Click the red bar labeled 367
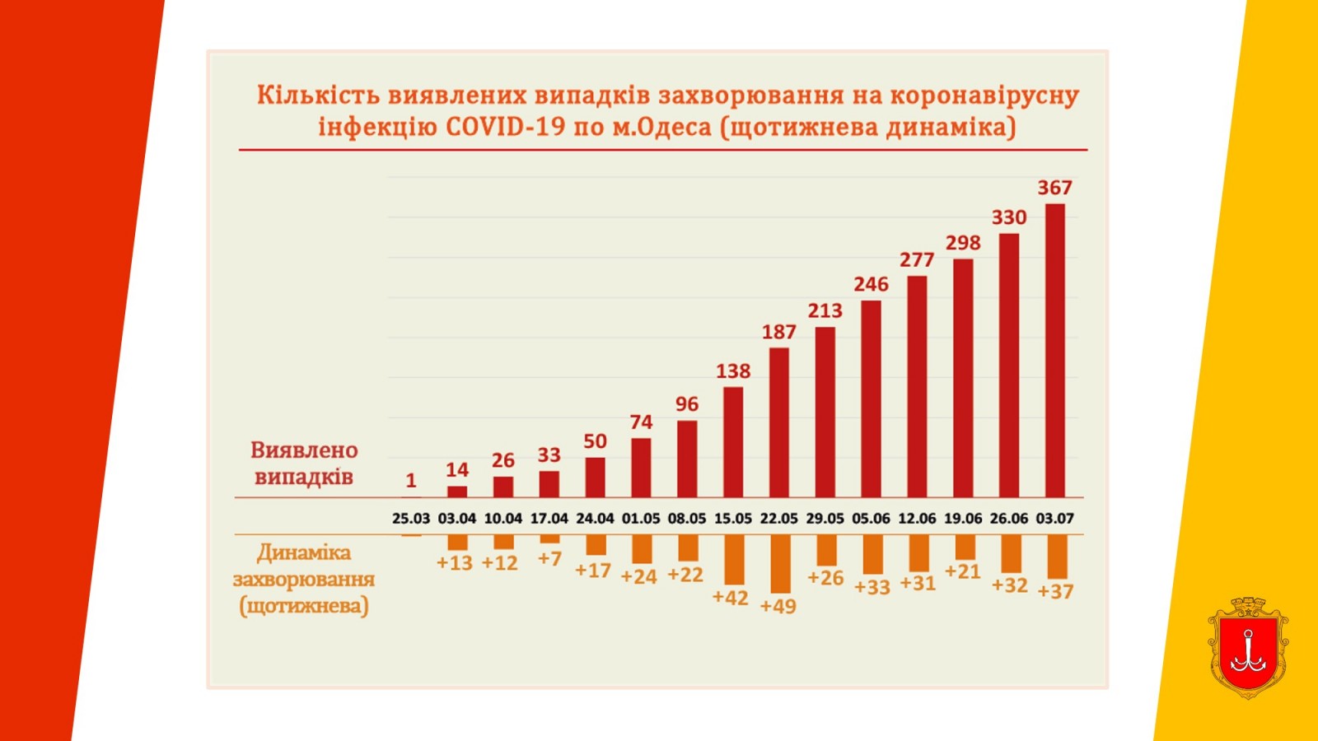point(1055,350)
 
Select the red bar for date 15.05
point(733,442)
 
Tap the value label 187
point(778,332)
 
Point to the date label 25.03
point(410,519)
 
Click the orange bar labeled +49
point(780,564)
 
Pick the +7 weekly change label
point(549,559)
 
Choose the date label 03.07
point(1054,519)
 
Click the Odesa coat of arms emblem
point(1248,648)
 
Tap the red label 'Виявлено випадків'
point(304,464)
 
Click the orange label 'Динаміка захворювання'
point(304,566)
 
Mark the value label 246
point(871,284)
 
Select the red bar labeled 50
point(595,478)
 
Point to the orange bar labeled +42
point(734,560)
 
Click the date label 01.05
point(640,519)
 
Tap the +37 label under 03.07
point(1055,591)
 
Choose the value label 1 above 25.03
point(410,480)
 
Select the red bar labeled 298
point(963,379)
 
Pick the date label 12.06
point(917,519)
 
